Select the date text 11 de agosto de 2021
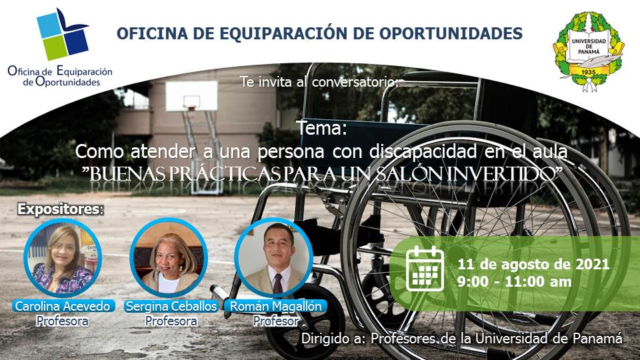click(533, 264)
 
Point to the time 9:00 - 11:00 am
click(515, 281)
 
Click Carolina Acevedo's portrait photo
click(62, 258)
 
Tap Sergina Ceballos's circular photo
click(167, 258)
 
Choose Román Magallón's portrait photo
click(274, 258)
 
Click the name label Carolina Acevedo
click(63, 306)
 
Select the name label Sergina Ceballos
click(171, 306)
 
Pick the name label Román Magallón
click(275, 306)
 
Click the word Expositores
click(59, 209)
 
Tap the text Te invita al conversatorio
click(320, 83)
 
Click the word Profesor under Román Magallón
click(275, 321)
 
